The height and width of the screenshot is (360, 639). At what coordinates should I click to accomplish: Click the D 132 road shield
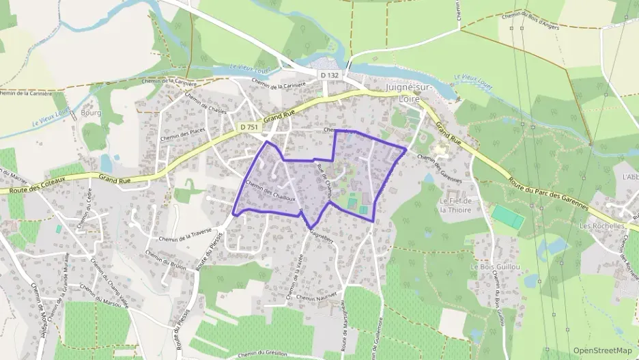328,74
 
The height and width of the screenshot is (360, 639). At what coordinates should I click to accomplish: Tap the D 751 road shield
248,127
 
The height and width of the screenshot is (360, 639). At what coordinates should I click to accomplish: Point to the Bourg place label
91,113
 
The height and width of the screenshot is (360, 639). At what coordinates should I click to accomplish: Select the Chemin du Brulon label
166,259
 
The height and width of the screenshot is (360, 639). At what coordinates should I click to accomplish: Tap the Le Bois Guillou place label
496,266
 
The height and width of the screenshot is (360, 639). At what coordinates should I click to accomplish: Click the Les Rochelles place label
602,225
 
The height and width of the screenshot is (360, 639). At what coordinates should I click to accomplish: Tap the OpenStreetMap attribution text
602,350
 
